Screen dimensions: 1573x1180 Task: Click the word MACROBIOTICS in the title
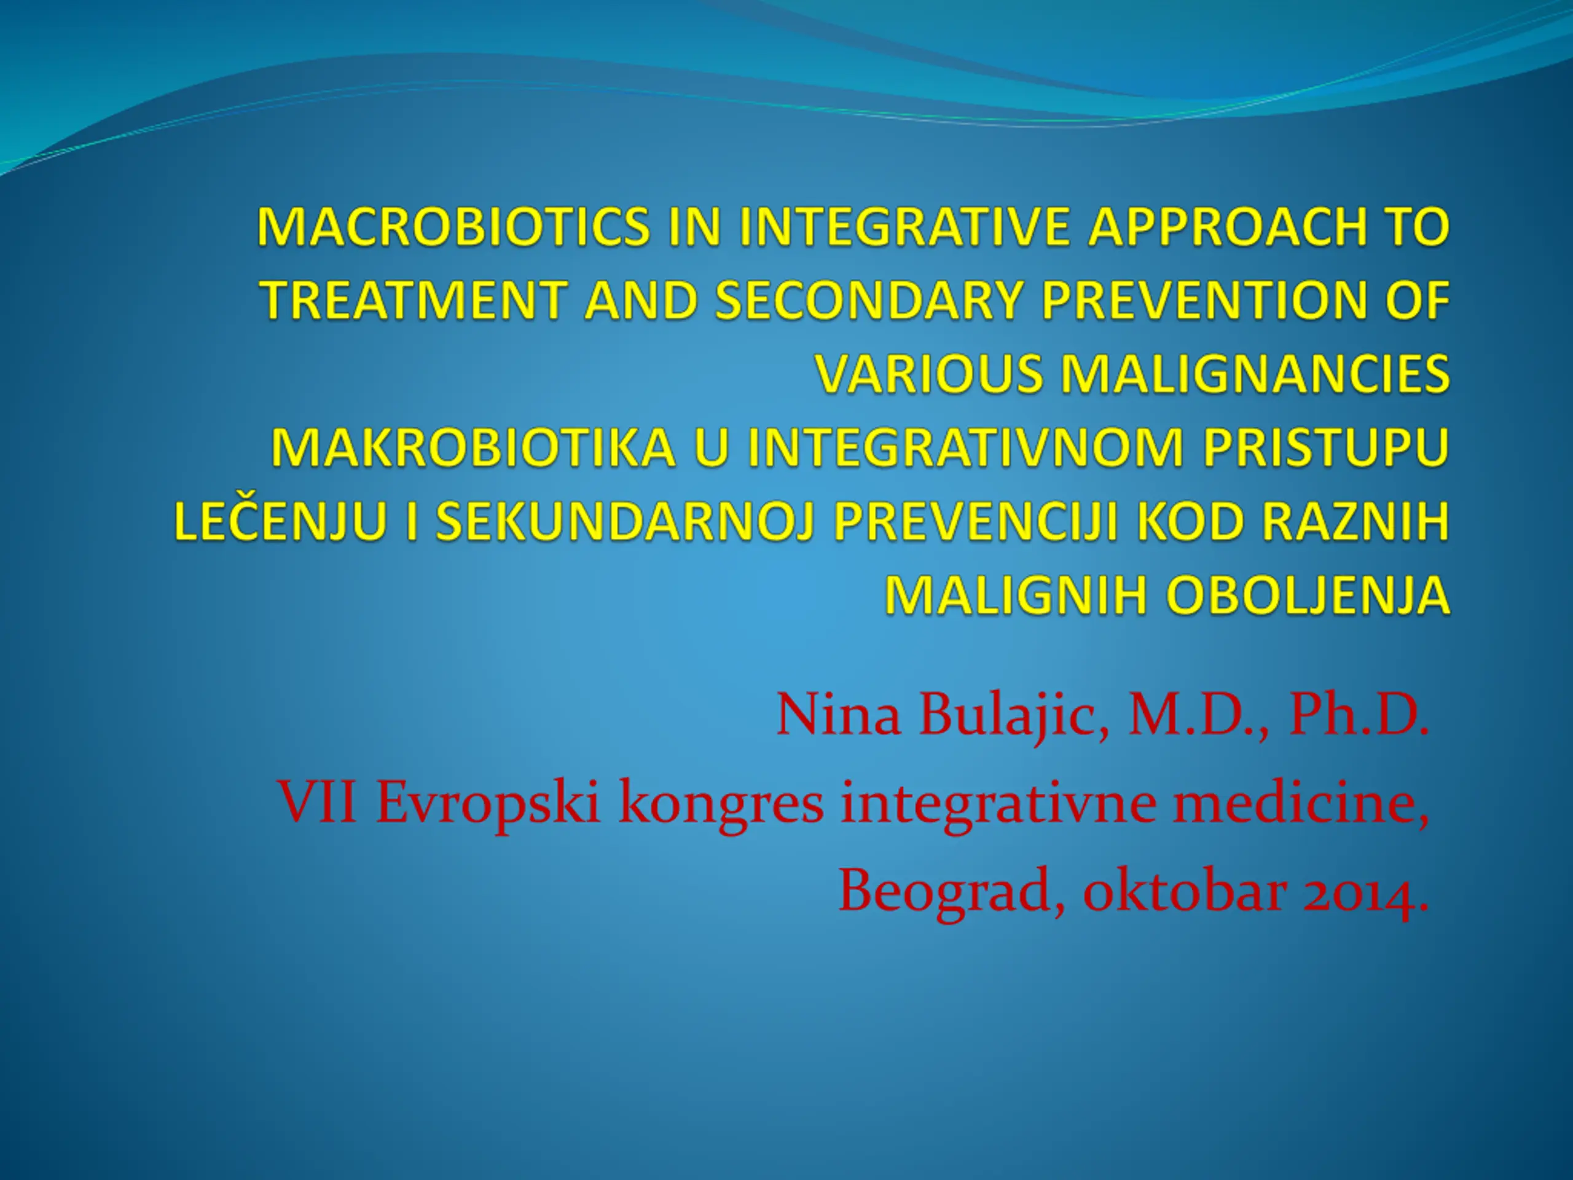pyautogui.click(x=453, y=227)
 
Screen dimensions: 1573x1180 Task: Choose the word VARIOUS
pyautogui.click(x=928, y=374)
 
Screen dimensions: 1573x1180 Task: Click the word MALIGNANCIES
pyautogui.click(x=1255, y=374)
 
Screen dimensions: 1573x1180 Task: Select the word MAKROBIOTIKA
pyautogui.click(x=473, y=448)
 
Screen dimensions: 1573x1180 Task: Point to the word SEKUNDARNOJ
pyautogui.click(x=624, y=522)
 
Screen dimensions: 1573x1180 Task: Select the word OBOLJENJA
pyautogui.click(x=1308, y=596)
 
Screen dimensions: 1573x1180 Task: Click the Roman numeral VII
pyautogui.click(x=317, y=801)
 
